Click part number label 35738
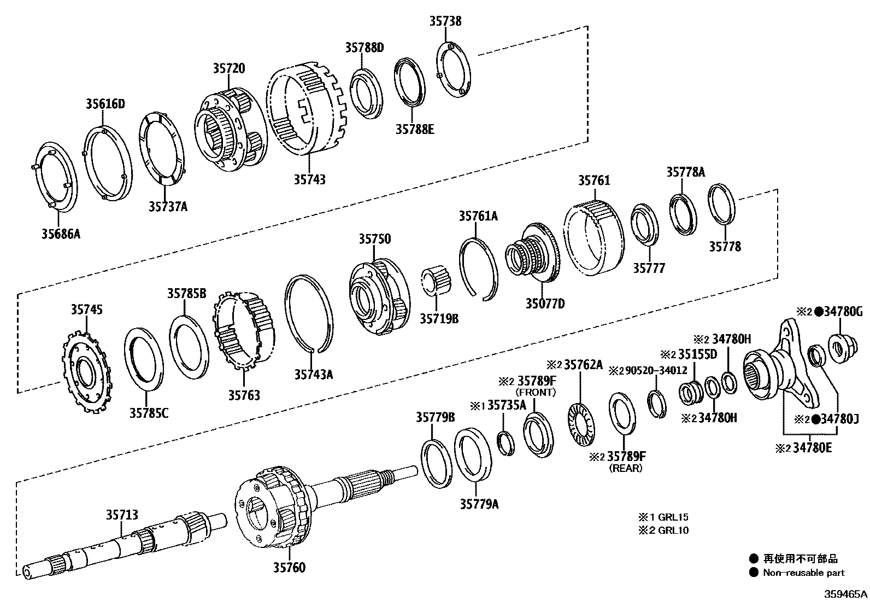click(445, 21)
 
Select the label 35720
click(229, 68)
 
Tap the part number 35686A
click(61, 234)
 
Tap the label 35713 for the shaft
click(122, 515)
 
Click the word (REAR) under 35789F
click(626, 468)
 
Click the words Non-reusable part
click(804, 573)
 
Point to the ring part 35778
click(721, 204)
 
